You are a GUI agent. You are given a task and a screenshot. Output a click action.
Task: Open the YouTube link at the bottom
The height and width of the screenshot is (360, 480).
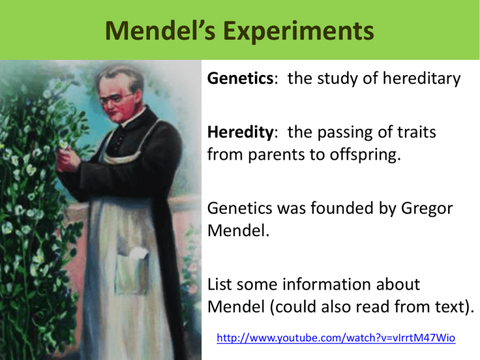click(x=336, y=338)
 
